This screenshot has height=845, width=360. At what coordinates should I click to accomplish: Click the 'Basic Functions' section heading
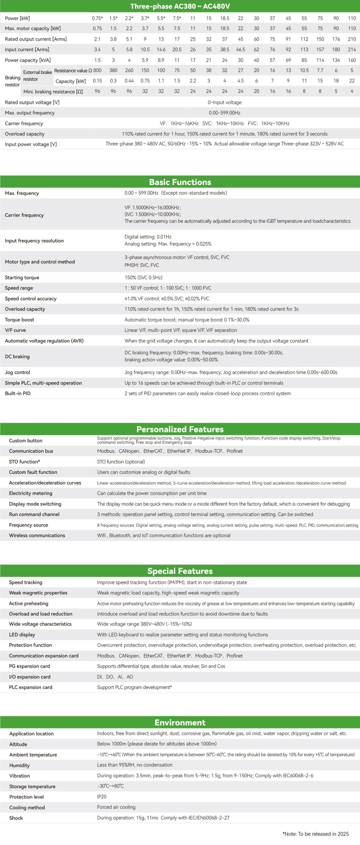(x=180, y=182)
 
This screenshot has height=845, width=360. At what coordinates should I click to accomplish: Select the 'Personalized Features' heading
(x=180, y=429)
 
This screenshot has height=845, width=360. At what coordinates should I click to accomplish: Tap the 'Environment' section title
(x=180, y=723)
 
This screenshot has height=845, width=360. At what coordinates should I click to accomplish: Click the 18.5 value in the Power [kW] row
(x=225, y=18)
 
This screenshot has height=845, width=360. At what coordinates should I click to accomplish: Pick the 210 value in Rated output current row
(x=352, y=39)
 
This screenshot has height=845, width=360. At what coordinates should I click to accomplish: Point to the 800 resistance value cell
(x=97, y=70)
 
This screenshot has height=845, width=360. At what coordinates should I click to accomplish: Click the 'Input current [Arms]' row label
(x=27, y=50)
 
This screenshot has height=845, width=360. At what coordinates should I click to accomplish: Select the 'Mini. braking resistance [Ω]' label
(x=53, y=91)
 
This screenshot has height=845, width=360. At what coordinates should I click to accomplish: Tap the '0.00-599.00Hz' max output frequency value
(x=224, y=113)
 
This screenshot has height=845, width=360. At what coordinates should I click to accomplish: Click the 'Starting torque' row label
(x=22, y=278)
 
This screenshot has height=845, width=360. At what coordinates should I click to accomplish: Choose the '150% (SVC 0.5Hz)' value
(x=143, y=278)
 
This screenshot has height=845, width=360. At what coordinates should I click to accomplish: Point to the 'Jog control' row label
(x=17, y=372)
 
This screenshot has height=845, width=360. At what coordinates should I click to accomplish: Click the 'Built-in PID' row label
(x=18, y=393)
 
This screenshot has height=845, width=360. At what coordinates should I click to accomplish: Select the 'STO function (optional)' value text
(x=121, y=462)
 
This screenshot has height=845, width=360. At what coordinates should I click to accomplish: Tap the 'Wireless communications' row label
(x=37, y=535)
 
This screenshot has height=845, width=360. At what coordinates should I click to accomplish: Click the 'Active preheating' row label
(x=29, y=603)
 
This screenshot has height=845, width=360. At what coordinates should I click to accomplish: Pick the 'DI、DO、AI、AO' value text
(x=115, y=677)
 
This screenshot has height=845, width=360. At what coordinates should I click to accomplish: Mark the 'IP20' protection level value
(x=102, y=797)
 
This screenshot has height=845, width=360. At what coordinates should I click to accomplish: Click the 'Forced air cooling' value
(x=116, y=807)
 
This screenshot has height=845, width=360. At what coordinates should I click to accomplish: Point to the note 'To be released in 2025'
(x=316, y=834)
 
